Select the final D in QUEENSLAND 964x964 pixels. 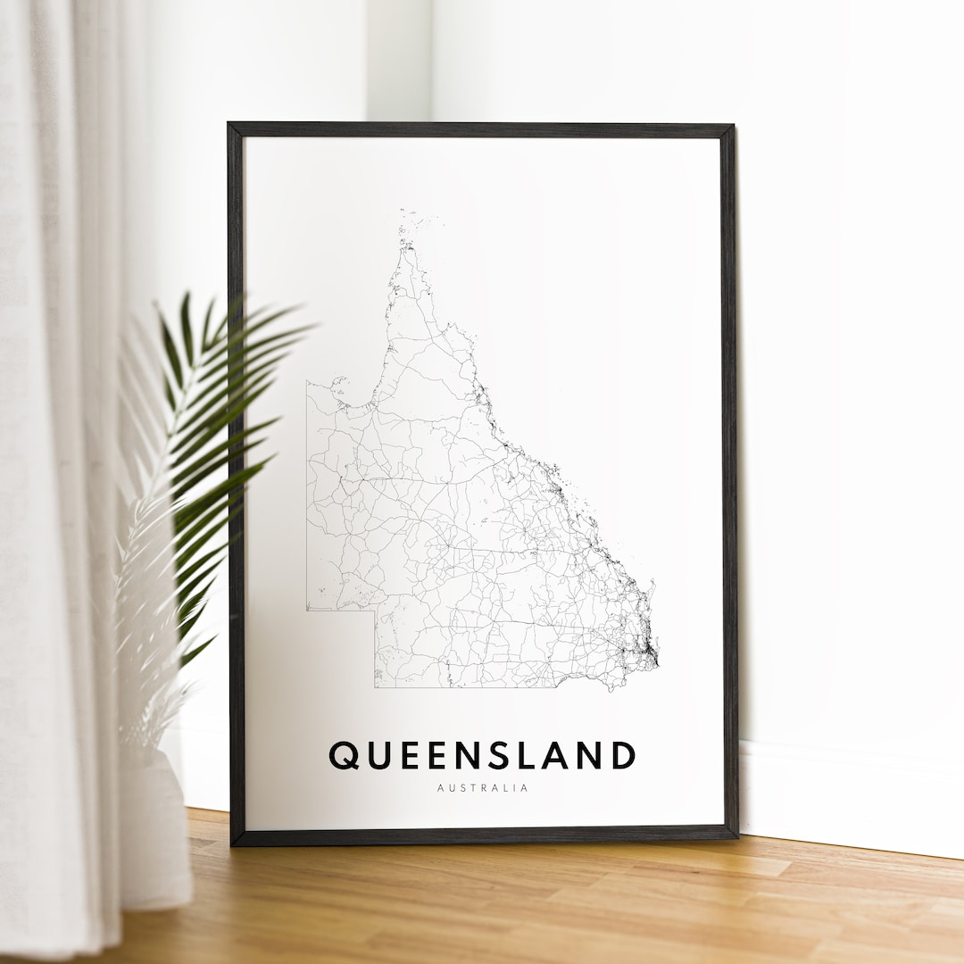622,755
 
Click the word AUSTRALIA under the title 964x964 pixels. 483,788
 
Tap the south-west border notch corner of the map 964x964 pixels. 374,611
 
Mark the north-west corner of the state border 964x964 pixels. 307,381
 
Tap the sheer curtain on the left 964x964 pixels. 54,446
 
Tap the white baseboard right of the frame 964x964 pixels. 848,803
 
